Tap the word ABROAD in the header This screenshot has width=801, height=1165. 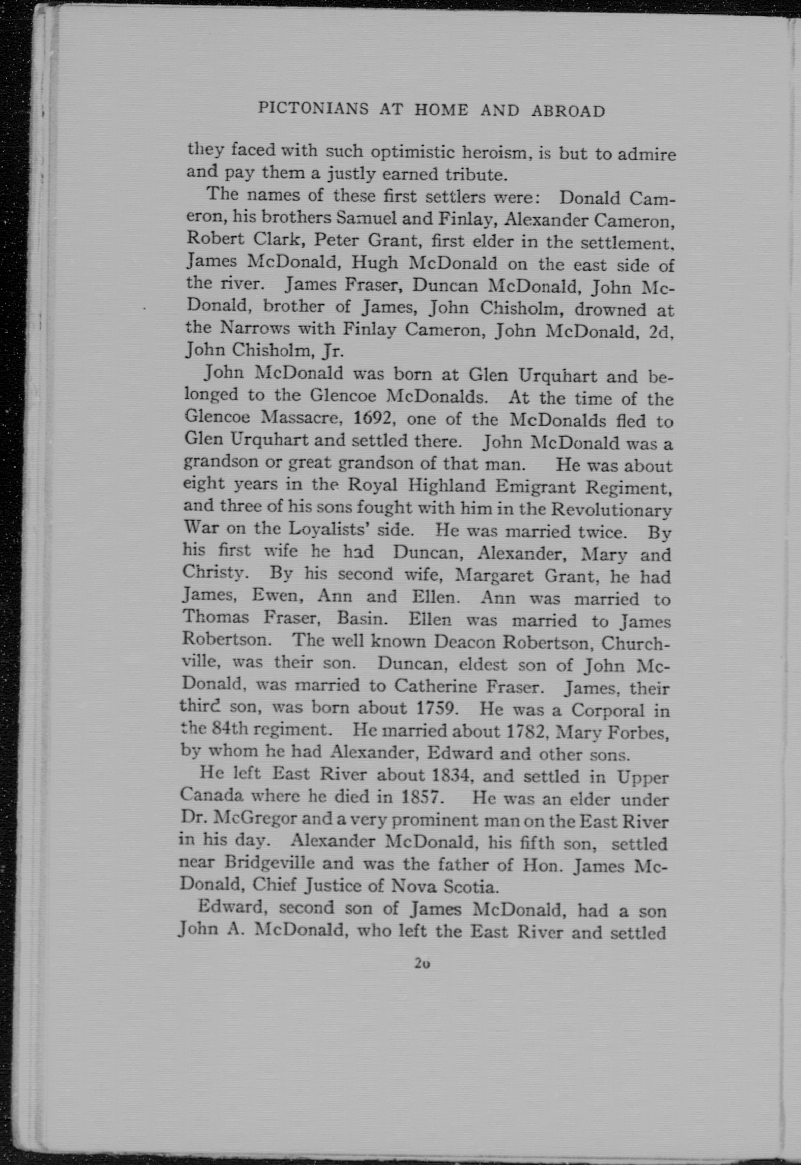pos(568,111)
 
